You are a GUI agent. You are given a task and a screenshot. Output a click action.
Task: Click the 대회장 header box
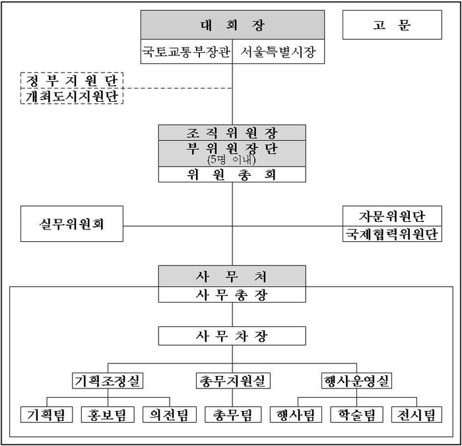click(x=232, y=25)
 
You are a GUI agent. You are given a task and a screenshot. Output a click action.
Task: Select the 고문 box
click(x=392, y=25)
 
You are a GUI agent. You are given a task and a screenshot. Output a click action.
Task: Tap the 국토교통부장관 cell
click(x=187, y=52)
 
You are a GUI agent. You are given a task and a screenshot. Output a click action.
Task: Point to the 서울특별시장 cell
click(x=279, y=52)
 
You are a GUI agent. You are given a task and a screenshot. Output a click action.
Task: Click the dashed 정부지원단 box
click(x=72, y=80)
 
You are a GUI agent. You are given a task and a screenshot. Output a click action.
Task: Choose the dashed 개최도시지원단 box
click(x=72, y=96)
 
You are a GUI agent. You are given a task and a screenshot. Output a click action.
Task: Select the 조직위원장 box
click(x=232, y=133)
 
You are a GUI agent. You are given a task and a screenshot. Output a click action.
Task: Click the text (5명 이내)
click(x=231, y=160)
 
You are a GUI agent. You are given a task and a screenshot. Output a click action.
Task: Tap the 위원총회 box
click(x=232, y=174)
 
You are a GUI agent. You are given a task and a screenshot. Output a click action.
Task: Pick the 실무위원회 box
click(x=72, y=223)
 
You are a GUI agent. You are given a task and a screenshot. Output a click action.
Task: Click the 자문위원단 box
click(x=392, y=216)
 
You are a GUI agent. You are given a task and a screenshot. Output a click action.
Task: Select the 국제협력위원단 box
click(x=392, y=234)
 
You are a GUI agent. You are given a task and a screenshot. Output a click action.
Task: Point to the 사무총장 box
click(x=232, y=295)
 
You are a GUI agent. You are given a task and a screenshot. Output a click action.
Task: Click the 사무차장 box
click(x=232, y=336)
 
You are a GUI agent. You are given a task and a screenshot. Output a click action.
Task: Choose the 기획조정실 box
click(x=108, y=381)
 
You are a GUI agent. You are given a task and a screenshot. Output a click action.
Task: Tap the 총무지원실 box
click(x=233, y=381)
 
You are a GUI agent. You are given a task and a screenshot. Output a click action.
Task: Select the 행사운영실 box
click(x=356, y=381)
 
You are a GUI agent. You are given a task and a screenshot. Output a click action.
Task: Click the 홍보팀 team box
click(x=108, y=414)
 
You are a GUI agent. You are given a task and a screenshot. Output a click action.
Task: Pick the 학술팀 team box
click(x=356, y=414)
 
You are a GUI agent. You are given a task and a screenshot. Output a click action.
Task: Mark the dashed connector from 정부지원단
click(x=178, y=88)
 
